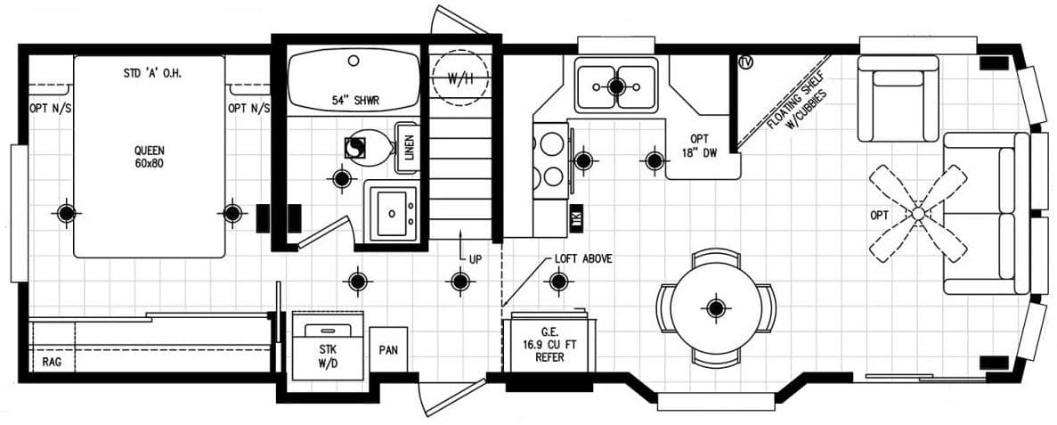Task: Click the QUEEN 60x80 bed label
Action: pos(150,157)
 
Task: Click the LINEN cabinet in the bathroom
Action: pos(408,146)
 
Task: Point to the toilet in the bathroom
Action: pos(368,148)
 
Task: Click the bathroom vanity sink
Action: pos(390,212)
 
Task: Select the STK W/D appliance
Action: pos(329,347)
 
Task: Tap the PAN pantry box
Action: pos(388,351)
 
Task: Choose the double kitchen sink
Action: pos(615,86)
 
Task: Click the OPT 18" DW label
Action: pos(699,145)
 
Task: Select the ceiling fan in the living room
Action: pos(918,214)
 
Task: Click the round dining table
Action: pos(716,307)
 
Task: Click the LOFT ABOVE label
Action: pos(582,258)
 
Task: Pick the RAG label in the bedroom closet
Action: pos(51,363)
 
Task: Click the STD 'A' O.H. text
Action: pos(152,73)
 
